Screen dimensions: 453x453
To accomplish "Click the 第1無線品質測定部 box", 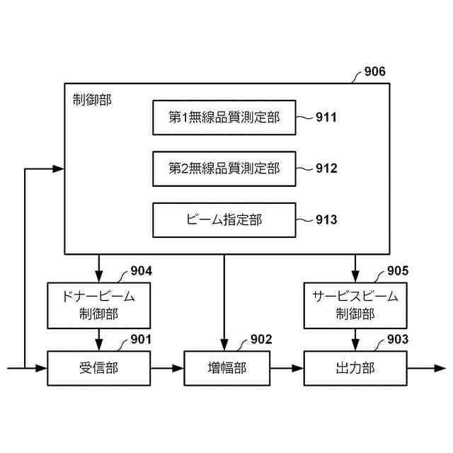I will (x=224, y=117).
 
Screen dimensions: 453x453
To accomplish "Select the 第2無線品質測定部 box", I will (x=224, y=168).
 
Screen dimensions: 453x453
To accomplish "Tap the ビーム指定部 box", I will (x=224, y=220).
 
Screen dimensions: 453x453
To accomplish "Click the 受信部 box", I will (x=98, y=368).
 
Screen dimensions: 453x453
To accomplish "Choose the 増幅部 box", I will (x=224, y=368).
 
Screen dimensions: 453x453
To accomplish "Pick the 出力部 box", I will (x=355, y=368).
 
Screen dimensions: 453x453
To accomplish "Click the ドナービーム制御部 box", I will (x=98, y=305).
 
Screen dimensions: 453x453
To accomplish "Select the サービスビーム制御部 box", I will (x=355, y=305).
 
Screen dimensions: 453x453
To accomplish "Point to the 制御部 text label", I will (x=92, y=99).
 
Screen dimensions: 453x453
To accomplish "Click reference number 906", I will (x=374, y=72).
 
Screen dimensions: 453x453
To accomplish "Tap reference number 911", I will (x=326, y=118).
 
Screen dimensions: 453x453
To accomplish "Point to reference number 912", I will (x=326, y=169).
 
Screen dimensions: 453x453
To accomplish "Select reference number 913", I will (x=326, y=220).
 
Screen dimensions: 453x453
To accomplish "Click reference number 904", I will (x=141, y=271).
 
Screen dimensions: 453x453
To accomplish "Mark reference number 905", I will (x=398, y=271).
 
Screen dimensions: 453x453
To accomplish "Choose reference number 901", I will (x=141, y=340).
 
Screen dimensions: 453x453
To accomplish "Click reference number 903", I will (x=398, y=340).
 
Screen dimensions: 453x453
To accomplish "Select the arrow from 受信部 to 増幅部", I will (x=167, y=368).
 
